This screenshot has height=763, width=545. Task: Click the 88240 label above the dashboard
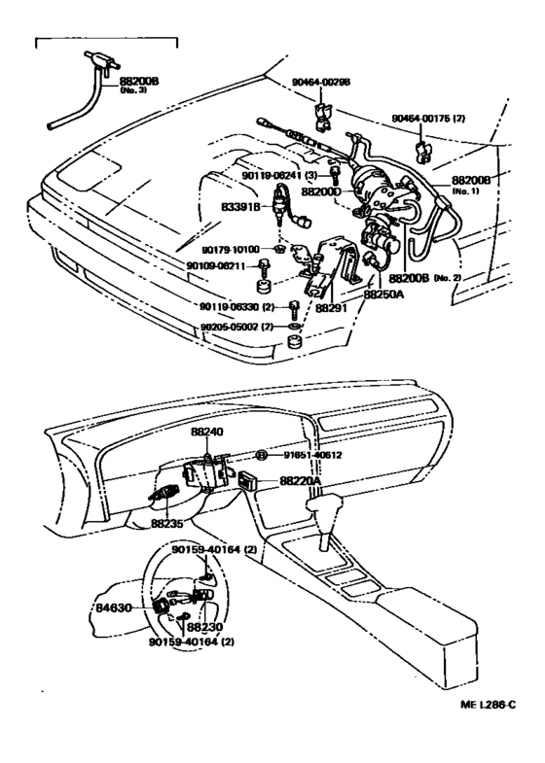(206, 433)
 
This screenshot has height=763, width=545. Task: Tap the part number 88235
(168, 523)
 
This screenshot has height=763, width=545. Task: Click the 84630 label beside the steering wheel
(113, 607)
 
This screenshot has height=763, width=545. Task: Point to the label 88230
(206, 627)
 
